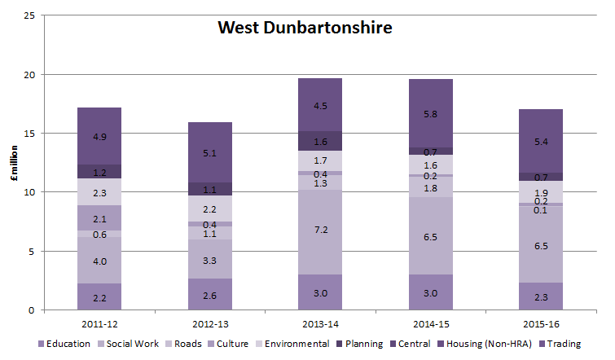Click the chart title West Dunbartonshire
click(305, 29)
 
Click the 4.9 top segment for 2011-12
click(99, 136)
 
